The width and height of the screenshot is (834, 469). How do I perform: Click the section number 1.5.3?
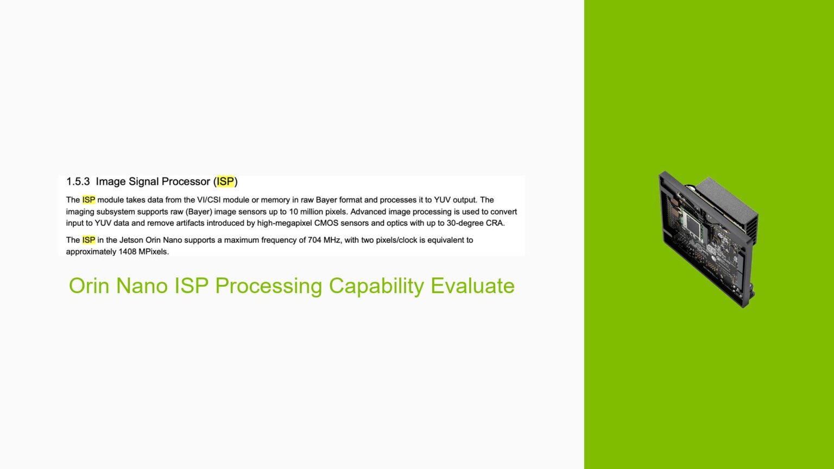(78, 182)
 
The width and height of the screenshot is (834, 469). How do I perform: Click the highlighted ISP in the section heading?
(225, 182)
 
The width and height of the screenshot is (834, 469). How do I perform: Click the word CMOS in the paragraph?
(326, 223)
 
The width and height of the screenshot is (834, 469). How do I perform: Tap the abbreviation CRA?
(495, 223)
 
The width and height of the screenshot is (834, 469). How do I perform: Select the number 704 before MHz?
(314, 240)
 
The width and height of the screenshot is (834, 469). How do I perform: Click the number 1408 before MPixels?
(129, 252)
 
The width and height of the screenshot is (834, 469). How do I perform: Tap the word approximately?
(91, 252)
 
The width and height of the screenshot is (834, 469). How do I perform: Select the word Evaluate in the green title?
(472, 286)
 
